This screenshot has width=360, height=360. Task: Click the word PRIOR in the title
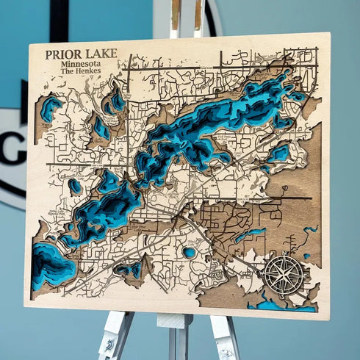(60, 54)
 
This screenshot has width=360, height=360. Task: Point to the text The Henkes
(80, 71)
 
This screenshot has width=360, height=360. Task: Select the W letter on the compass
(265, 273)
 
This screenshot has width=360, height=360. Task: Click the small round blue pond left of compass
(189, 252)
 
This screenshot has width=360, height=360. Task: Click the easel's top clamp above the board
(186, 18)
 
